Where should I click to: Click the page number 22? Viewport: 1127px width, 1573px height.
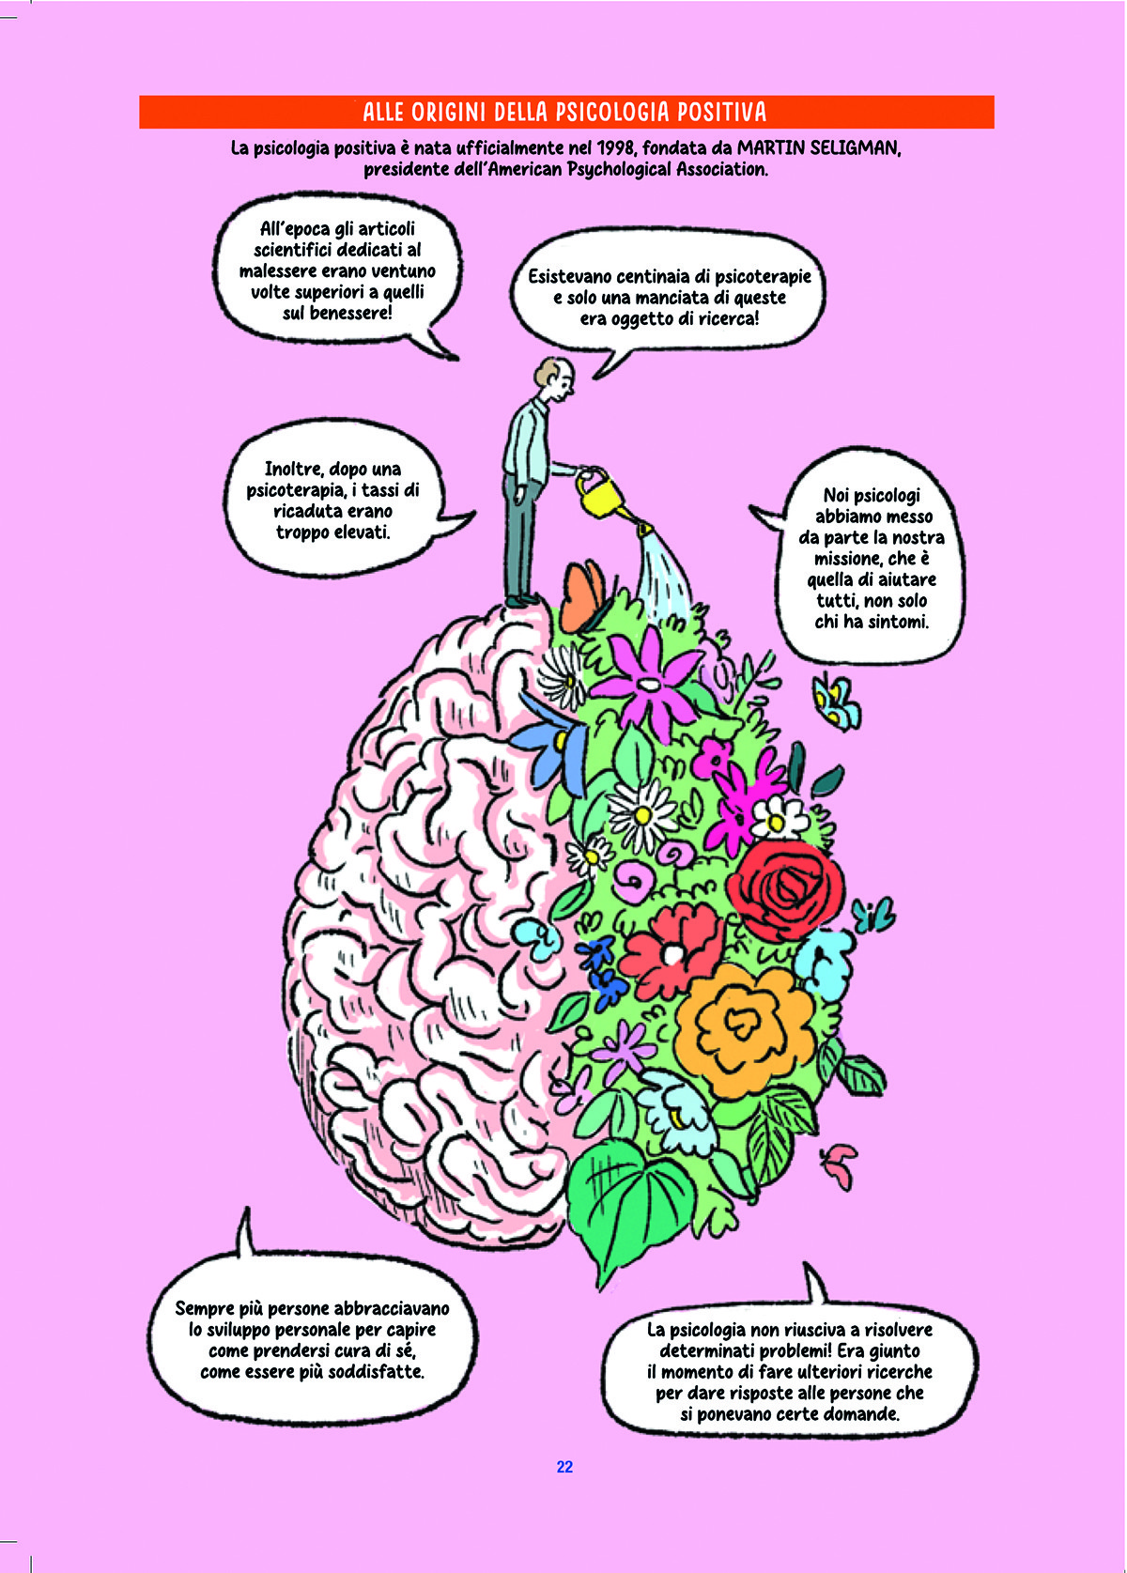[x=564, y=1467]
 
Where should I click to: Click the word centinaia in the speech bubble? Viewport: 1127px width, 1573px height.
[x=662, y=276]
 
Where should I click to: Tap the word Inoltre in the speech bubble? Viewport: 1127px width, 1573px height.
[x=294, y=469]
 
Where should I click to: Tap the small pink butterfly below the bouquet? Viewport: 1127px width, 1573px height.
[x=841, y=1161]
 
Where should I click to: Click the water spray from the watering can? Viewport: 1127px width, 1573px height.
[x=664, y=569]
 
